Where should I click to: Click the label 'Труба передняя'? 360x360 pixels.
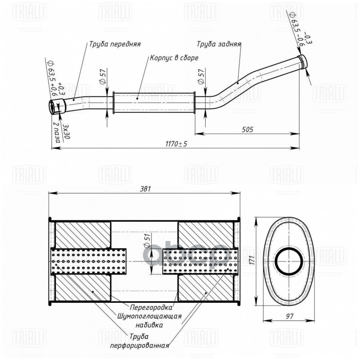[x=115, y=45]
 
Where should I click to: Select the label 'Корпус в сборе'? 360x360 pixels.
[x=174, y=58]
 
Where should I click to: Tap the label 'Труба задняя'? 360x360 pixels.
[x=219, y=45]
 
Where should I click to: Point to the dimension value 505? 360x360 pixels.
[x=247, y=129]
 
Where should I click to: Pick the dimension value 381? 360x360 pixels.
[x=144, y=189]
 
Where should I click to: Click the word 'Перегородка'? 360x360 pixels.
[x=151, y=308]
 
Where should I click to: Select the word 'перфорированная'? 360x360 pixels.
[x=140, y=346]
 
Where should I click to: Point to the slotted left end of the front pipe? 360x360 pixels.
[x=54, y=108]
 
